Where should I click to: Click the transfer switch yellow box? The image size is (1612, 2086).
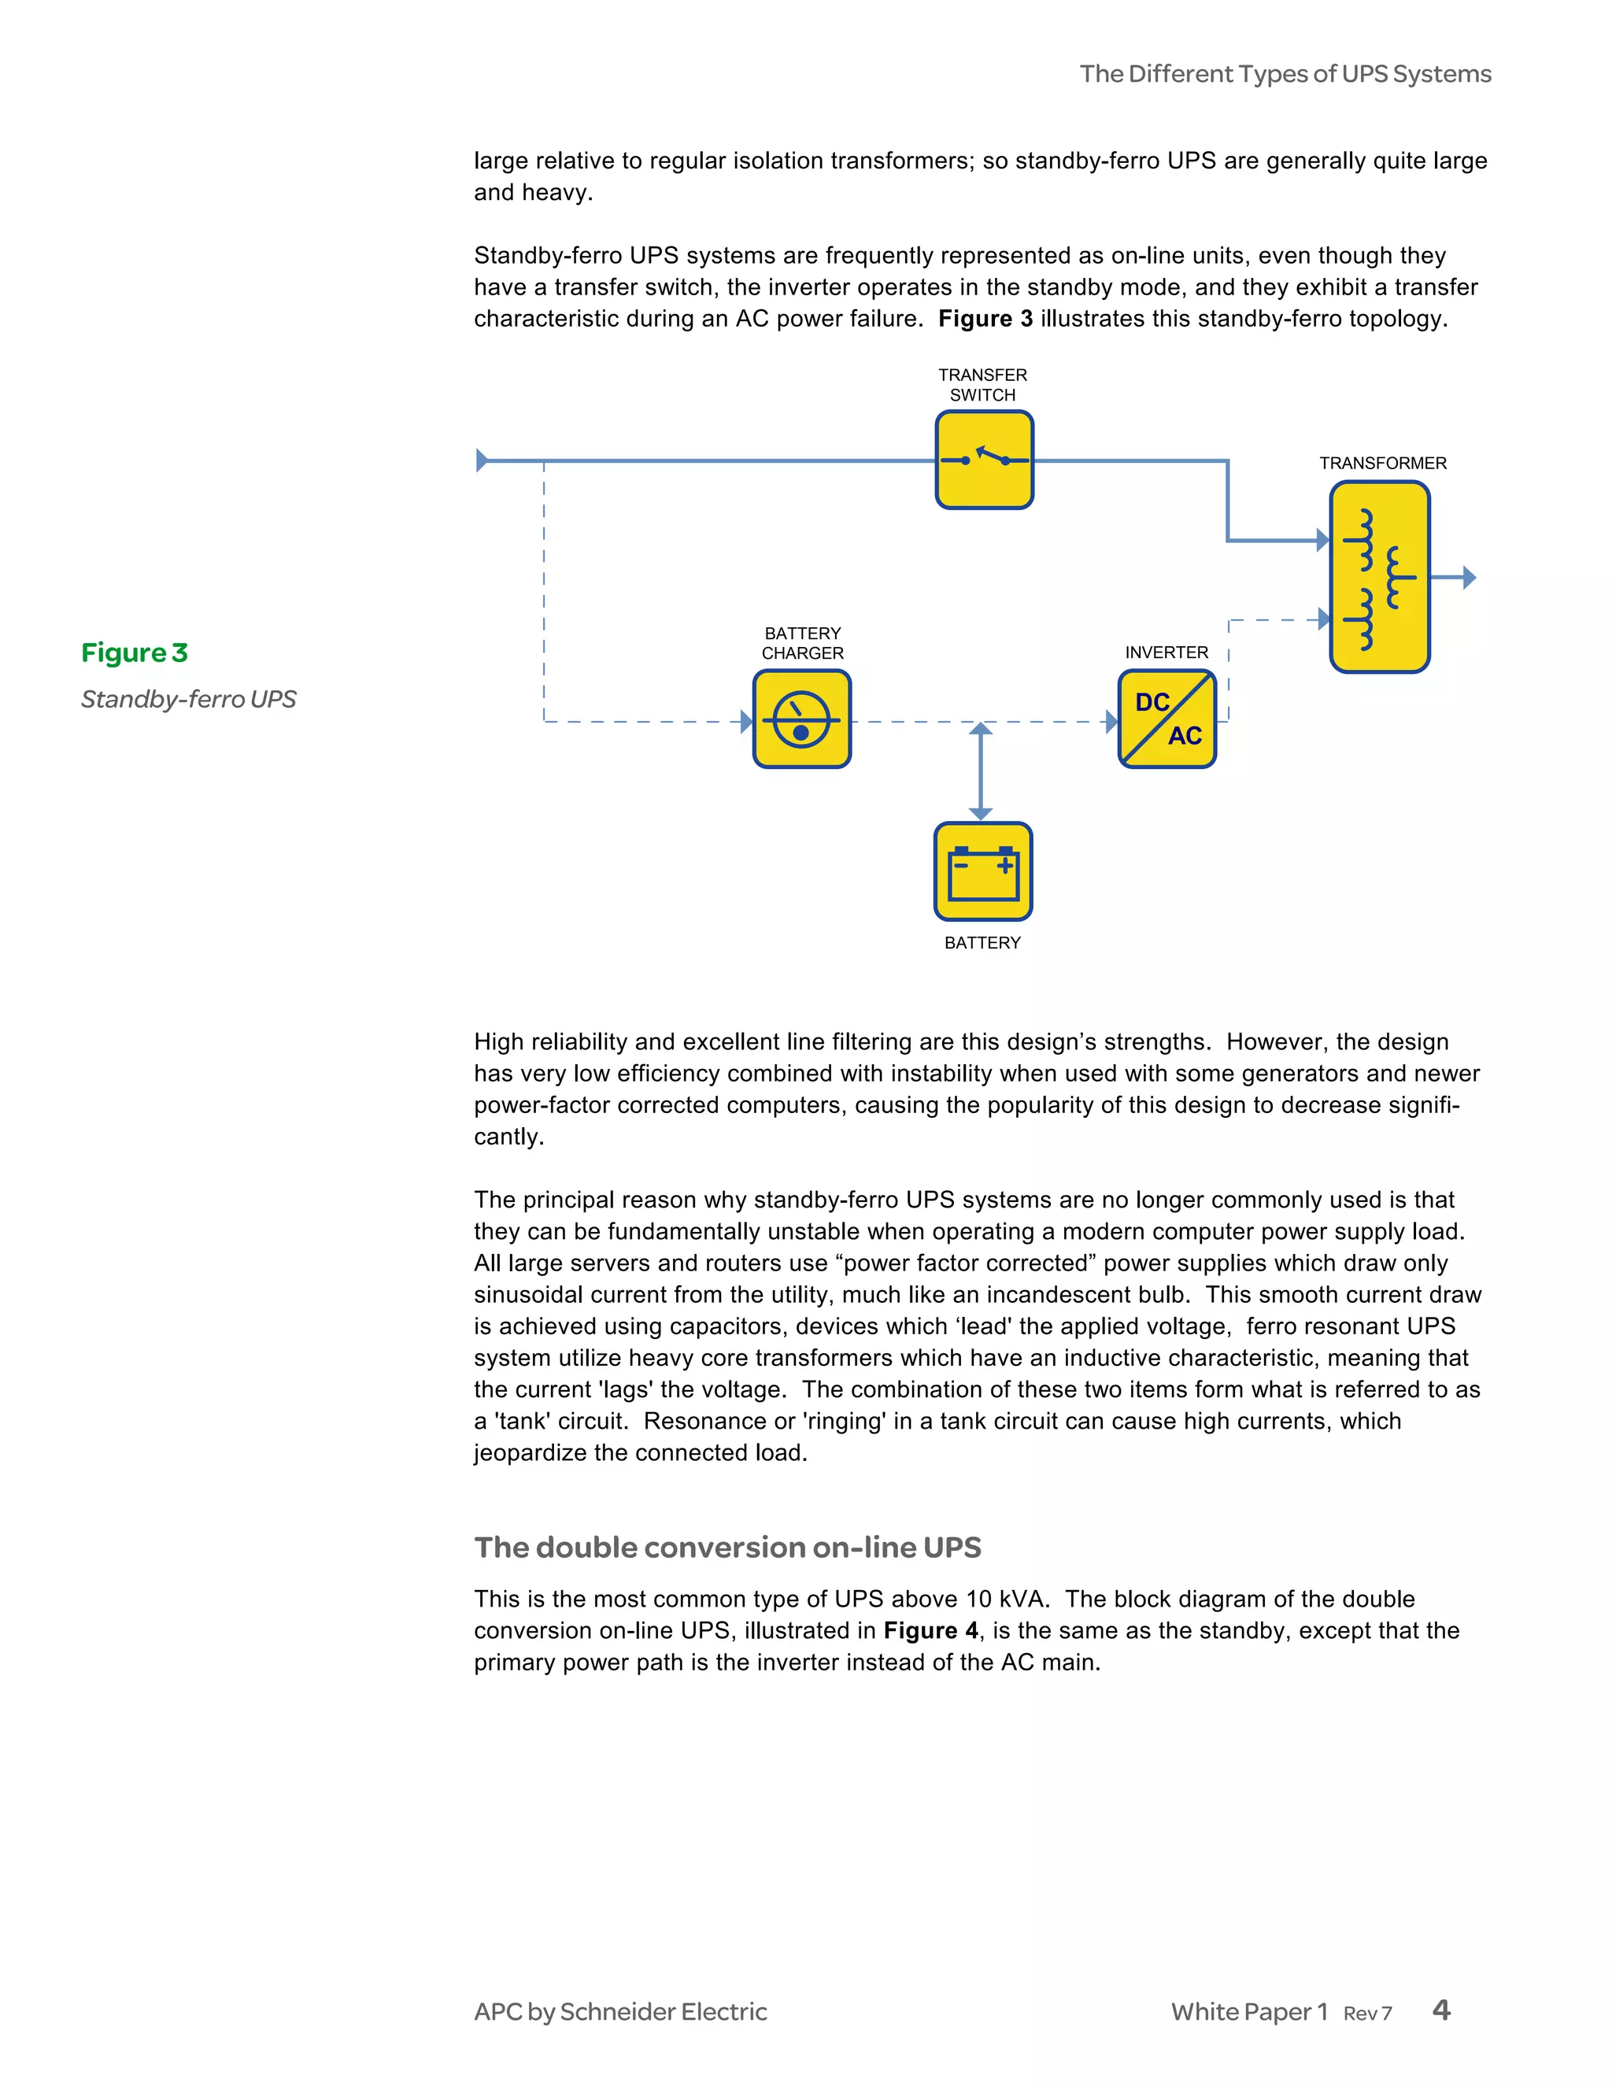tap(984, 460)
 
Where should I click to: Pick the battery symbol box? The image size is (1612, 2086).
tap(982, 871)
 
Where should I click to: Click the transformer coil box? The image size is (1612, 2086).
tap(1379, 577)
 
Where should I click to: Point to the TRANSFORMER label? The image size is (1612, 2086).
tap(1382, 463)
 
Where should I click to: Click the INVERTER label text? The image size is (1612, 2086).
tap(1166, 653)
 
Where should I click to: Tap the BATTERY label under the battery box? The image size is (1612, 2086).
tap(982, 943)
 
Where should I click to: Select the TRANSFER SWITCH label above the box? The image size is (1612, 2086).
tap(982, 385)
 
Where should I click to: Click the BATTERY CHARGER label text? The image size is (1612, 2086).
tap(802, 643)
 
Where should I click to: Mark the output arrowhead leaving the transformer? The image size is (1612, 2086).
tap(1469, 577)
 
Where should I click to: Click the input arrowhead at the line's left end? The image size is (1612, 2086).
tap(482, 460)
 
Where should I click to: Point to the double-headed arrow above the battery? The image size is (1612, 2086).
tap(980, 771)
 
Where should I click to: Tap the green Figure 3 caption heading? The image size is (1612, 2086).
tap(135, 653)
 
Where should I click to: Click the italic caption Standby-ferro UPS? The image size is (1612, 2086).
tap(188, 699)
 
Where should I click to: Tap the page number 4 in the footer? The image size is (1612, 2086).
tap(1441, 2010)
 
